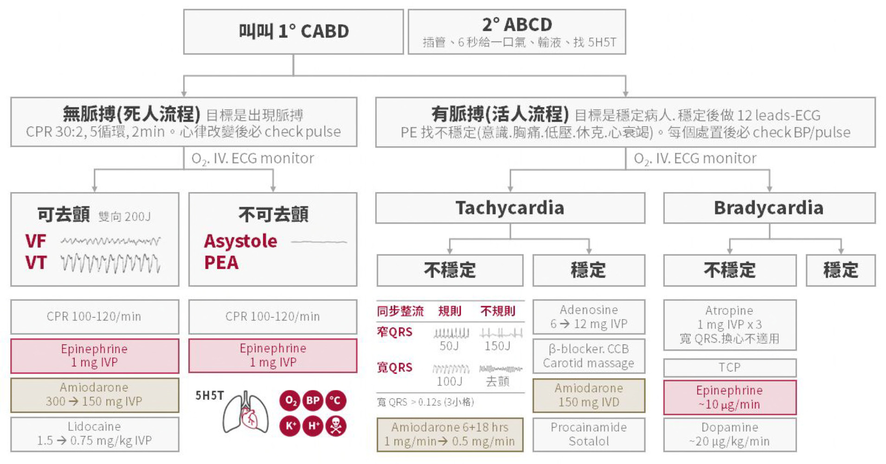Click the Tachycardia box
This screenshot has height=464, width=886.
[510, 208]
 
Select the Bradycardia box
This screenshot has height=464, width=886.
[769, 208]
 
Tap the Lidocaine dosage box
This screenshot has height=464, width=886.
[95, 434]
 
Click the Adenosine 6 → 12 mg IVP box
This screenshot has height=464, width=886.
[589, 317]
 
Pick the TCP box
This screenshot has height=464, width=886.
[729, 367]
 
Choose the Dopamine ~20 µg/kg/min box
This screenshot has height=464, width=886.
[729, 434]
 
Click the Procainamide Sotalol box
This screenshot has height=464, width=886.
[589, 434]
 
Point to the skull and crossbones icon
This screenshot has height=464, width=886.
[336, 425]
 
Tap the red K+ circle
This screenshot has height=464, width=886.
[290, 425]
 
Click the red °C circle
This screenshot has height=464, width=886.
[336, 401]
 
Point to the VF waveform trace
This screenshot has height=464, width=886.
[110, 241]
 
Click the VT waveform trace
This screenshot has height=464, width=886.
[110, 264]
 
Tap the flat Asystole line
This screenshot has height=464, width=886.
[319, 242]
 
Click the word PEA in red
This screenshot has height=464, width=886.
[221, 263]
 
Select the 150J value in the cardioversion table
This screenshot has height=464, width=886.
[497, 346]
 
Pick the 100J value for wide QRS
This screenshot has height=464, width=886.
[449, 381]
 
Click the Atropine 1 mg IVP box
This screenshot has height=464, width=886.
[729, 324]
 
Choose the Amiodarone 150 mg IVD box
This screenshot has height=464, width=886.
[589, 395]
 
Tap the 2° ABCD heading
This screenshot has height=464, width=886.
[517, 24]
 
